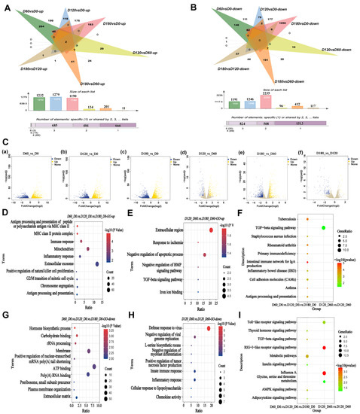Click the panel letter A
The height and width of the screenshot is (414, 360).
5,5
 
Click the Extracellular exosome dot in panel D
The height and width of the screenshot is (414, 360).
98,263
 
